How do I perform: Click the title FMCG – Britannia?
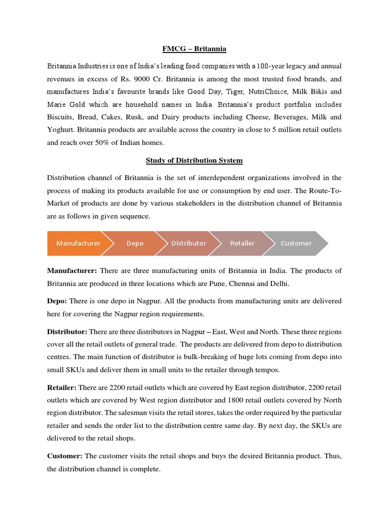pyautogui.click(x=194, y=49)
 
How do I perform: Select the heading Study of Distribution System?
pyautogui.click(x=194, y=160)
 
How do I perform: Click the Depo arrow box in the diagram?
pyautogui.click(x=135, y=243)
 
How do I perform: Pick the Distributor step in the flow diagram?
pyautogui.click(x=188, y=243)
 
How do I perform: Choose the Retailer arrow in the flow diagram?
pyautogui.click(x=242, y=243)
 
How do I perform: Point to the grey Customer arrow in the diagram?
pyautogui.click(x=296, y=243)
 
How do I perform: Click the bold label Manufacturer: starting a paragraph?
pyautogui.click(x=71, y=271)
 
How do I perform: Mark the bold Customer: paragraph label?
pyautogui.click(x=65, y=456)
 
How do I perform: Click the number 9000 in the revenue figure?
pyautogui.click(x=114, y=78)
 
